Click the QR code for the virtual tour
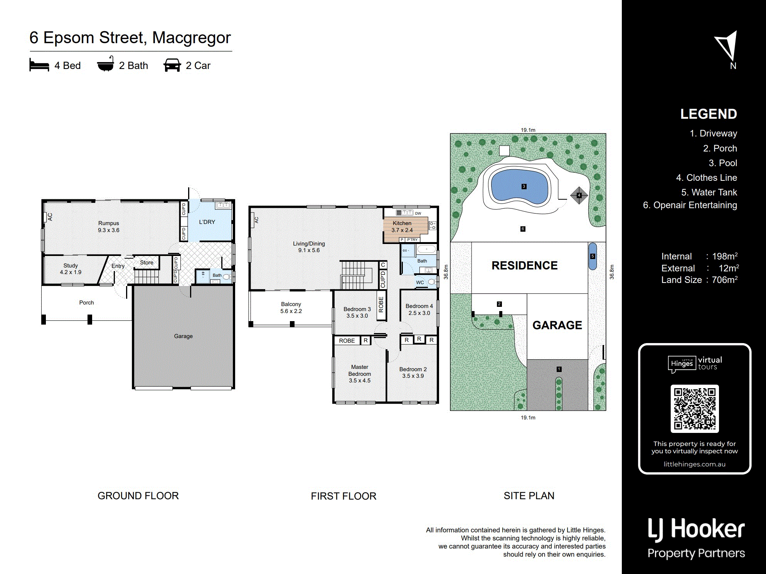(695, 408)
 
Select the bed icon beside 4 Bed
(39, 65)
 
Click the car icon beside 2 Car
(172, 65)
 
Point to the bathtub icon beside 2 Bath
(105, 64)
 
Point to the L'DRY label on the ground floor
(207, 222)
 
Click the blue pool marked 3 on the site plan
(520, 187)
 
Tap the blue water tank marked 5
(593, 256)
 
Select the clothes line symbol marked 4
(579, 195)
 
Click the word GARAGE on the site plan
(557, 325)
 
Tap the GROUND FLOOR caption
(138, 496)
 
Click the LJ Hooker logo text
(696, 529)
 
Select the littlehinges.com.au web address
(695, 464)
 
